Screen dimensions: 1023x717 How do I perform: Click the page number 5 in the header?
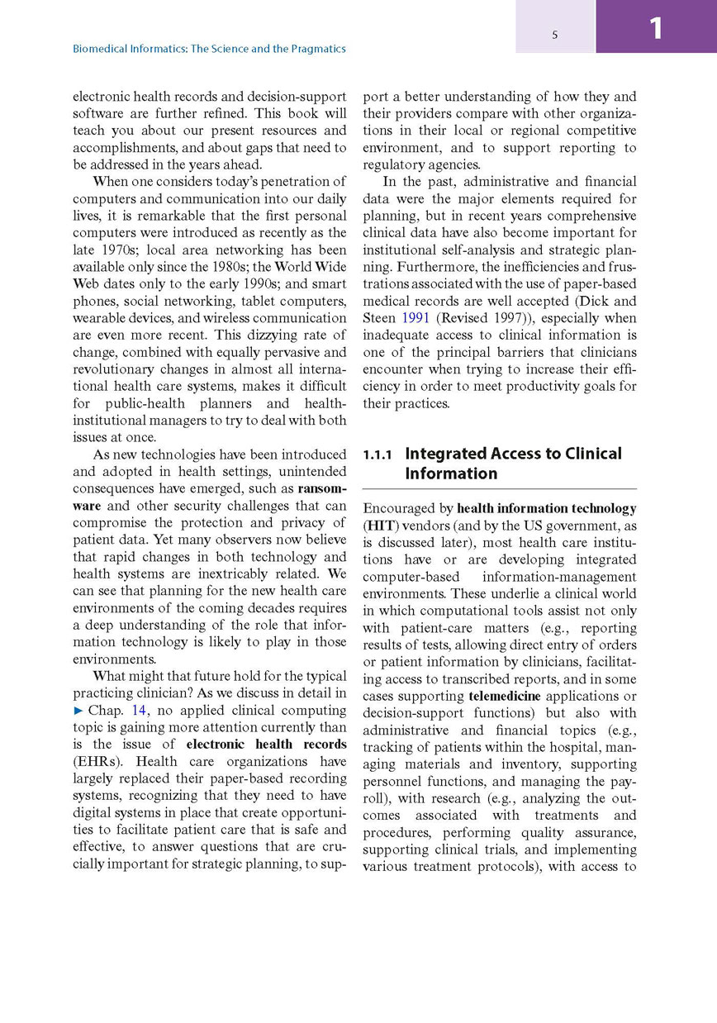pyautogui.click(x=555, y=35)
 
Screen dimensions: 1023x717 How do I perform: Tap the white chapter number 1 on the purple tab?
pyautogui.click(x=656, y=29)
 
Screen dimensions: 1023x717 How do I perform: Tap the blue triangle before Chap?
pyautogui.click(x=78, y=710)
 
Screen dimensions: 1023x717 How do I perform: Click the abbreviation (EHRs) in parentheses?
pyautogui.click(x=98, y=761)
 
